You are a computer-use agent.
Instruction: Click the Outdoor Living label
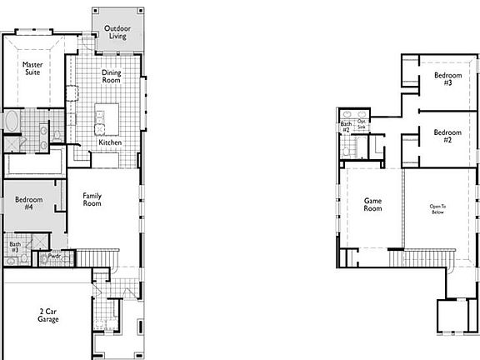[117, 32]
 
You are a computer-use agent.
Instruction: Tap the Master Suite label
[33, 68]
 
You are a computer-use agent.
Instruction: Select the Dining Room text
[112, 77]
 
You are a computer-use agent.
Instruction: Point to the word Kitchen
[111, 142]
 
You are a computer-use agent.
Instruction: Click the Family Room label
[92, 199]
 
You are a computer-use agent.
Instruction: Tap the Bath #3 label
[15, 247]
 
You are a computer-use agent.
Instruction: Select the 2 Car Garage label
[47, 315]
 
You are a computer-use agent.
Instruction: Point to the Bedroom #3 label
[442, 80]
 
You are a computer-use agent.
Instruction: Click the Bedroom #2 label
[447, 136]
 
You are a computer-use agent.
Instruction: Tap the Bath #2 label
[345, 127]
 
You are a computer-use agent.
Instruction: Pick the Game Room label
[372, 204]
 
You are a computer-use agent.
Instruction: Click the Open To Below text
[437, 209]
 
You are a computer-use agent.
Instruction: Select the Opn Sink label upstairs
[362, 124]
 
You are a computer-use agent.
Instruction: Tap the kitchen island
[106, 117]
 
